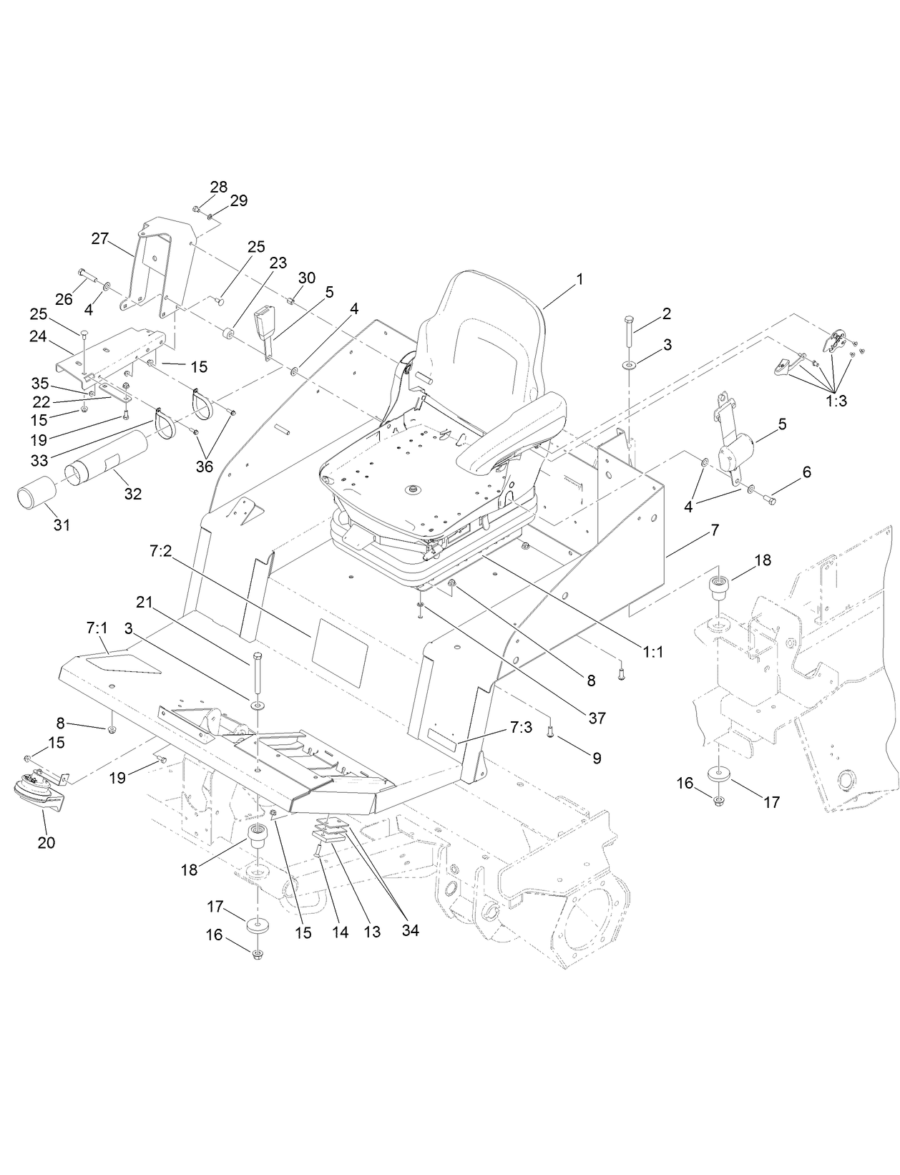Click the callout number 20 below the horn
click(46, 843)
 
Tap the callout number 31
click(62, 525)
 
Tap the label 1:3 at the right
click(836, 401)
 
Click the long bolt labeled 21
click(257, 673)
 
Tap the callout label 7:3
click(522, 726)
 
